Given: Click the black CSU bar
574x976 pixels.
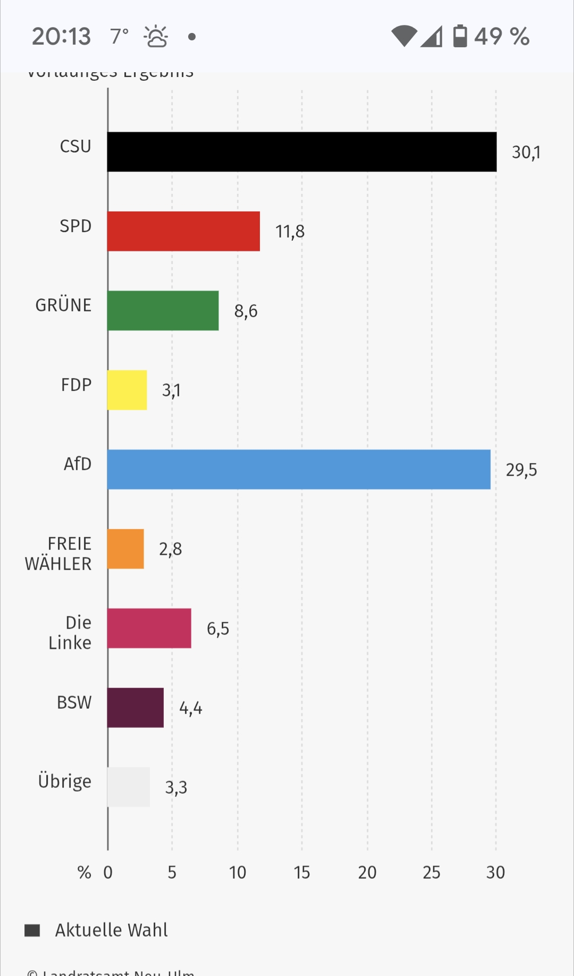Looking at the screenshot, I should [302, 152].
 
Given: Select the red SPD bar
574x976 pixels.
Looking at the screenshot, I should [183, 231].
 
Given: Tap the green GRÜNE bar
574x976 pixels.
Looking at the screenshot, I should [163, 311].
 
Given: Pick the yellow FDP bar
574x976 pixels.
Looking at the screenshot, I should [127, 390].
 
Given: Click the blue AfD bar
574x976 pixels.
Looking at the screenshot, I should [299, 470].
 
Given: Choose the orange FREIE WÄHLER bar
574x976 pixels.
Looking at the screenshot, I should [125, 549].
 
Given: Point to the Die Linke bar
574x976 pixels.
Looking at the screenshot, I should [149, 629].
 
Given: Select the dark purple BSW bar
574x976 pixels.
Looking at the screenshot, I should [136, 708].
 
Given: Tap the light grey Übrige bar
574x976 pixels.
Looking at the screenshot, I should [129, 787].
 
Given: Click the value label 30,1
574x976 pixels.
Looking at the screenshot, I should [526, 152].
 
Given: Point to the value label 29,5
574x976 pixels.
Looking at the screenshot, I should [521, 470].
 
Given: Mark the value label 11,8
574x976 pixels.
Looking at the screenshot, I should [290, 232].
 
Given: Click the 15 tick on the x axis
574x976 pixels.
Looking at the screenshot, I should [302, 872].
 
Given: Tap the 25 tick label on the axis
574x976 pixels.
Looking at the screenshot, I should [432, 872].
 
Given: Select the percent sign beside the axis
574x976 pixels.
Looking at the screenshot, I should [84, 872].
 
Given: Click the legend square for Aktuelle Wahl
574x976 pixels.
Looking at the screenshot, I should [32, 930].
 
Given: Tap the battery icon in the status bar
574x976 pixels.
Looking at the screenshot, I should [460, 36].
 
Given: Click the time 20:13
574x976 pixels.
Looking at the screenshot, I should [61, 37].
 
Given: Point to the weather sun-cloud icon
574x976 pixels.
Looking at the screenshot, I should [156, 37].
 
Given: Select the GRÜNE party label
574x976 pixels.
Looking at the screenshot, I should [63, 305].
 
